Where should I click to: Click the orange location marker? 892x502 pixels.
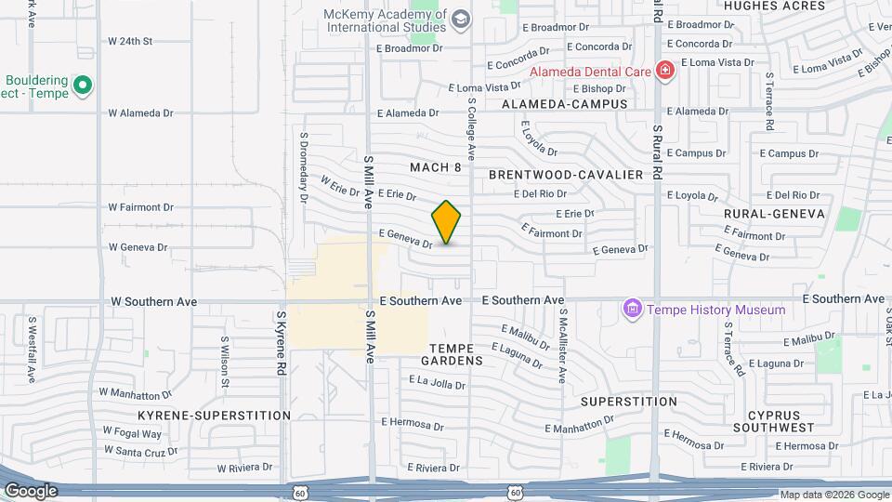447,222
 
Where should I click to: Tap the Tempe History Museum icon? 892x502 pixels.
633,309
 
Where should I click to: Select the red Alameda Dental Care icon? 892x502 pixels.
664,71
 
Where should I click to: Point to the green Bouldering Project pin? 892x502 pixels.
83,86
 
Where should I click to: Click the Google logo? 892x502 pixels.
31,490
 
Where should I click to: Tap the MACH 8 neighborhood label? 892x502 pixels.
436,167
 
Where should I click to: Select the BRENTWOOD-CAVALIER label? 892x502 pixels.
566,175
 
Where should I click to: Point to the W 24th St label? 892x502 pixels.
129,42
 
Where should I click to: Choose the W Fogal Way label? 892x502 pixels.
132,433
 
